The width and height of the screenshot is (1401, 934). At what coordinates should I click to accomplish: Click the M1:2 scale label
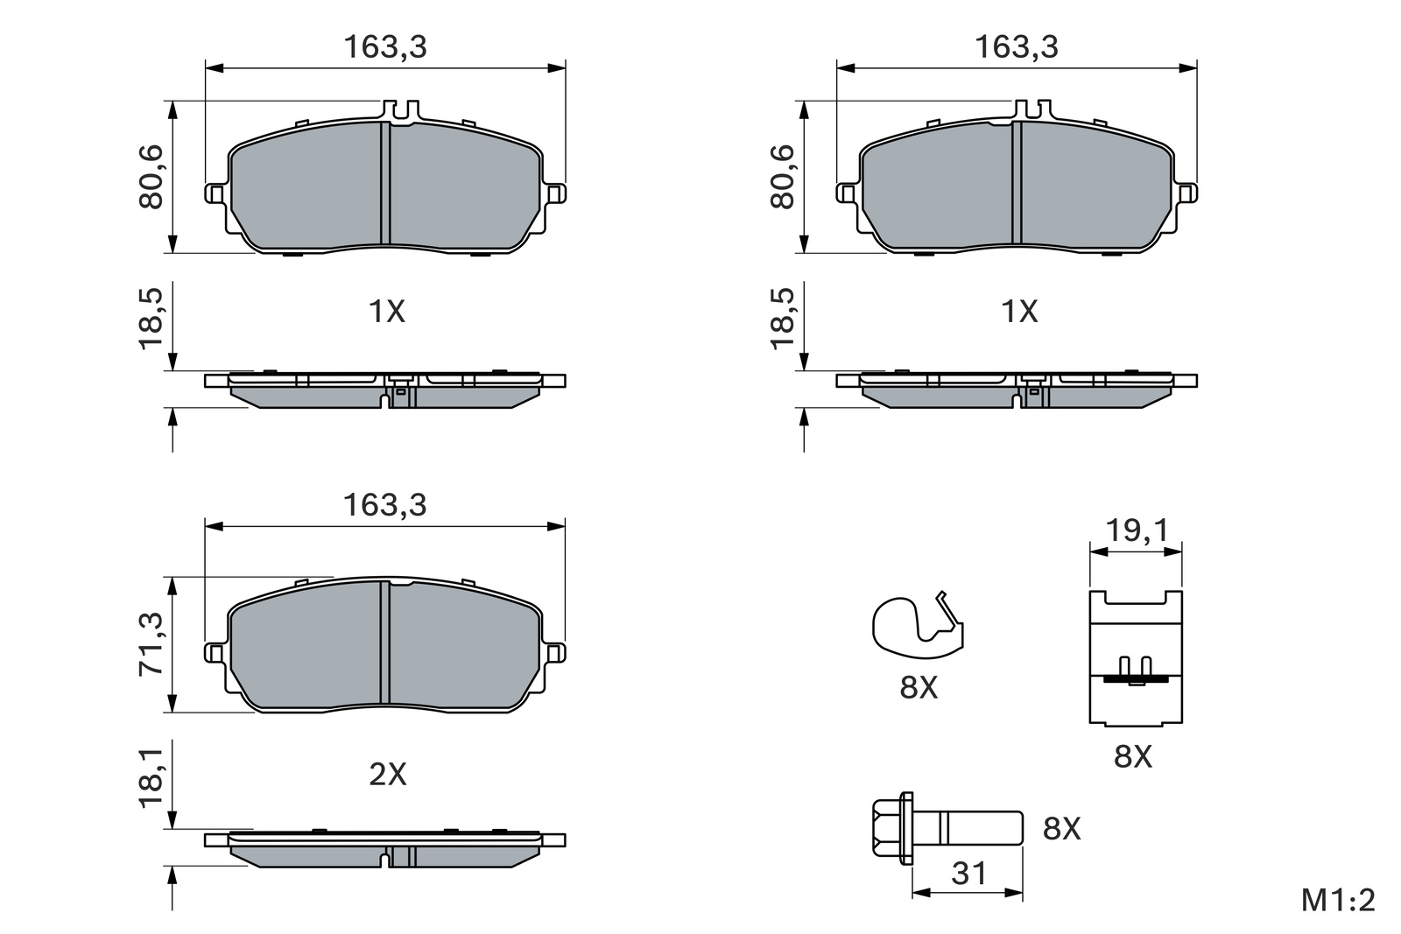coord(1338,901)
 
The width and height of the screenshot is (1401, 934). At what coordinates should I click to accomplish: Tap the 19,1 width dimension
coord(1137,530)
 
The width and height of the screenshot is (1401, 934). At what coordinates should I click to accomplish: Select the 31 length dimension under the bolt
coord(968,874)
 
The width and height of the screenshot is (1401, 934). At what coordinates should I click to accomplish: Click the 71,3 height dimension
coord(151,644)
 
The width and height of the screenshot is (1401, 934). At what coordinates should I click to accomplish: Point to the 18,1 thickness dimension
coord(151,778)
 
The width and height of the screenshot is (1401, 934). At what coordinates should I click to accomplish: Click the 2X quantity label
coord(388,775)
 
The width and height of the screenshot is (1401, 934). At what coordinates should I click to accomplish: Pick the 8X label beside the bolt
coord(1061,829)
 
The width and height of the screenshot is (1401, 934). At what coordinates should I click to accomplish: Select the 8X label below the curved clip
coord(919,688)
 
